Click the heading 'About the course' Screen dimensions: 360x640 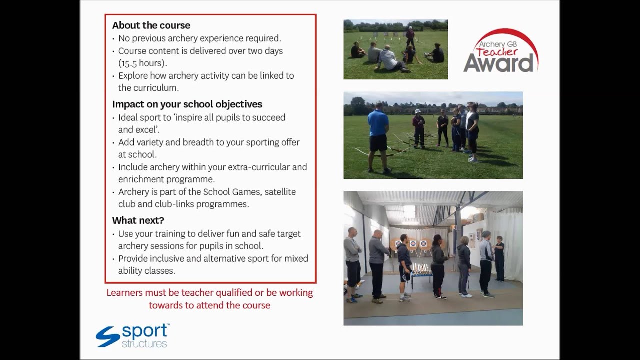tap(151, 25)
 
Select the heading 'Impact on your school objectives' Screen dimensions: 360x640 tap(187, 104)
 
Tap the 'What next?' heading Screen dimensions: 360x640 tap(138, 220)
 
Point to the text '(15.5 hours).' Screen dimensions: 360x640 tap(142, 63)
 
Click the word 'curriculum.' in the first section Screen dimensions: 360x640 tap(148, 88)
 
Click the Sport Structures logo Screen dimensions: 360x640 tap(132, 336)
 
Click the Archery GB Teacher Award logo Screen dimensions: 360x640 tap(500, 51)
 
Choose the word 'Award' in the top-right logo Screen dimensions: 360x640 tap(498, 63)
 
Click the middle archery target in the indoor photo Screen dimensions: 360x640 tap(413, 244)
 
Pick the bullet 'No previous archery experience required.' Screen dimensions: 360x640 tap(199, 38)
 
